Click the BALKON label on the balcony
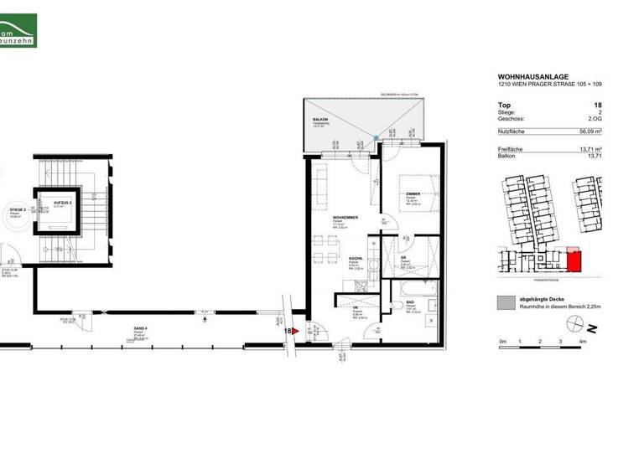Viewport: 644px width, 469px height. pyautogui.click(x=319, y=121)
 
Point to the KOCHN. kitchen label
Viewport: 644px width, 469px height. pyautogui.click(x=356, y=259)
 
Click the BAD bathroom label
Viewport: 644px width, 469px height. pyautogui.click(x=410, y=302)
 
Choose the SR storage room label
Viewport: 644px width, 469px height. pyautogui.click(x=403, y=258)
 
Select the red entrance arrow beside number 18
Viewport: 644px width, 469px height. pyautogui.click(x=295, y=332)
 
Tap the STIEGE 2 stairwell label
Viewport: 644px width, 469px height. pyautogui.click(x=18, y=210)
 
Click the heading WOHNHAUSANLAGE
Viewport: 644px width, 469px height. pyautogui.click(x=527, y=76)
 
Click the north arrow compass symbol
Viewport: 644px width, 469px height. pyautogui.click(x=593, y=327)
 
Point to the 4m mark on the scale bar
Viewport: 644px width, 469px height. pyautogui.click(x=581, y=343)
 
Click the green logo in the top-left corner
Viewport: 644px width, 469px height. pyautogui.click(x=18, y=25)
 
